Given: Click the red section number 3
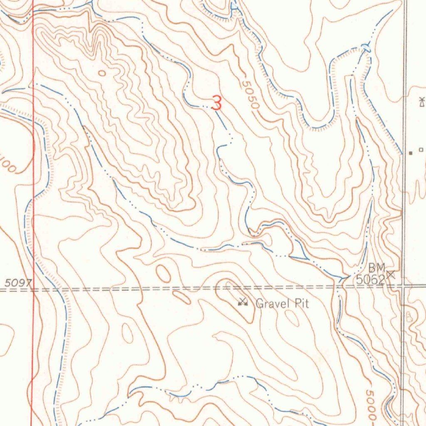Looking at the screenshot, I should click(x=216, y=103).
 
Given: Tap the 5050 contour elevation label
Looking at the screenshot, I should click(x=250, y=95).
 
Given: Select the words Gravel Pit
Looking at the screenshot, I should click(x=282, y=304).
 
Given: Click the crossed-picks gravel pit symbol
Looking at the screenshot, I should click(x=243, y=302).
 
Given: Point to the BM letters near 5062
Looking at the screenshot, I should click(x=377, y=267).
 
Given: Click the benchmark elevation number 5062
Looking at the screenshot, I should click(x=370, y=280).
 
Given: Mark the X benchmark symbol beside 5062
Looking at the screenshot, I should click(x=391, y=274).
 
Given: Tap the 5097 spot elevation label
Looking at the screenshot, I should click(x=17, y=282).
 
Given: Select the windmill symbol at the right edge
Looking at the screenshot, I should click(x=421, y=101).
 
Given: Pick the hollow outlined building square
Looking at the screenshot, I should click(x=421, y=149).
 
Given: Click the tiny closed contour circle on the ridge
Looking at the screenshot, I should click(x=102, y=73).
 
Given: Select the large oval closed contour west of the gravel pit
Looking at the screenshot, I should click(x=163, y=273).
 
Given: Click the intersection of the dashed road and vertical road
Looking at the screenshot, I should click(x=403, y=286).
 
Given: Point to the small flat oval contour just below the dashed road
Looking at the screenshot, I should click(x=182, y=297).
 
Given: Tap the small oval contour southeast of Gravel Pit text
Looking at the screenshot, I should click(x=292, y=318).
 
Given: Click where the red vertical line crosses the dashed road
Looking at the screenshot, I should click(x=33, y=288).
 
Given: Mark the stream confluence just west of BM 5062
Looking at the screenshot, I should click(x=344, y=277).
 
